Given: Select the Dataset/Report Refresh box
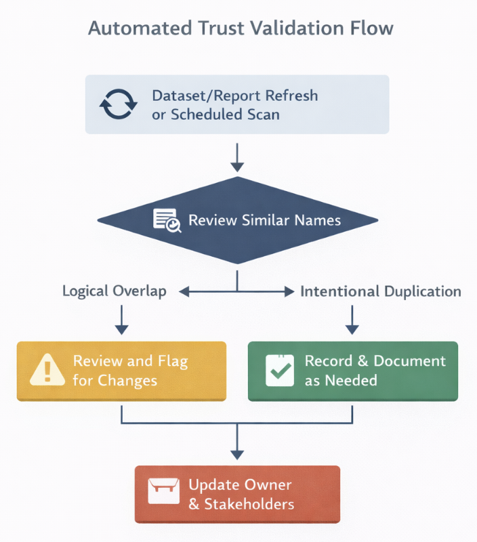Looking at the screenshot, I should point(237,104).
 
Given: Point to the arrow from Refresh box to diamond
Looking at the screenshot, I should point(237,157).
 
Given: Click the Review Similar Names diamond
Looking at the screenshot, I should point(237,220).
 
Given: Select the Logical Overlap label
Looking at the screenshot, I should point(115,291).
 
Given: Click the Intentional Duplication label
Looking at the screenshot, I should point(381,291).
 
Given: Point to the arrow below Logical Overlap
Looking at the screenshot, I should point(121,320).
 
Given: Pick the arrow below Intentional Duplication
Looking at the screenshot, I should point(352,320).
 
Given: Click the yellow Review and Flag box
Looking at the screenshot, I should point(121,371).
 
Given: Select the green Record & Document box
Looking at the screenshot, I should point(352,371).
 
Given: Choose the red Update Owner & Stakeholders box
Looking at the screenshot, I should point(237,494).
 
